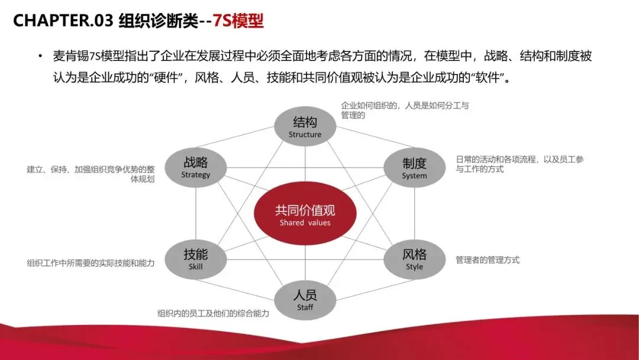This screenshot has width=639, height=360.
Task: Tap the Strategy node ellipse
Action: click(x=195, y=168)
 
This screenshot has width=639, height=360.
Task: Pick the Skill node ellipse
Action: click(x=195, y=259)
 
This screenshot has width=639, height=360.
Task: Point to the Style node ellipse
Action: click(x=414, y=259)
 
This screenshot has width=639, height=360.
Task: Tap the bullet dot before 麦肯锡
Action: click(x=40, y=57)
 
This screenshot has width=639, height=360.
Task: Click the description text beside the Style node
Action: click(x=488, y=260)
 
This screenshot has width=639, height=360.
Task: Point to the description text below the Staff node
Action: click(x=213, y=314)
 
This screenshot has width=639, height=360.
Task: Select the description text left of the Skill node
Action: click(x=91, y=263)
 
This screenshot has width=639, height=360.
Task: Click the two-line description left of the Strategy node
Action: click(x=91, y=173)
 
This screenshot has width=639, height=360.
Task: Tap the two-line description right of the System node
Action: click(x=519, y=164)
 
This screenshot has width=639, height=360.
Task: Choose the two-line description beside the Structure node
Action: click(x=405, y=110)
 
